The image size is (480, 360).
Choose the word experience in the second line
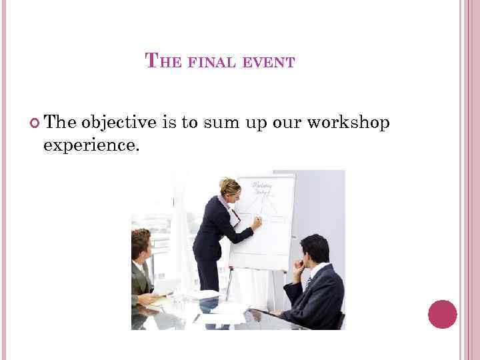coord(91,144)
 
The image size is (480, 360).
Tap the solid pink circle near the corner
coord(442,314)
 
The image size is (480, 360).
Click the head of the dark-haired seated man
coord(315,249)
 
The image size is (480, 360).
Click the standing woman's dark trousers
coord(208,273)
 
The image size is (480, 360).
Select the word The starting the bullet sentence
coord(61,123)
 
